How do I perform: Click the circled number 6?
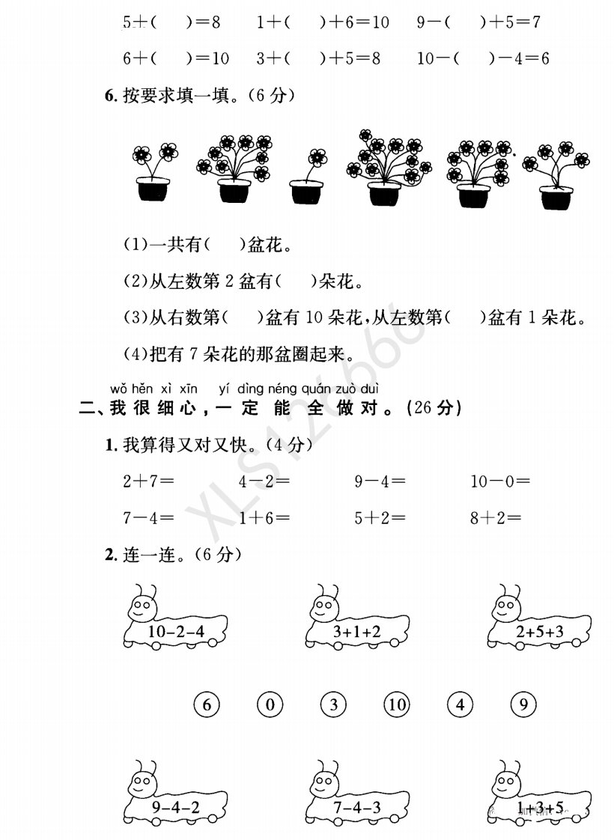click(207, 704)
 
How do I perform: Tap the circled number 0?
click(270, 704)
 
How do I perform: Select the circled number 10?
click(397, 704)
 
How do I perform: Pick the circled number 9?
click(523, 704)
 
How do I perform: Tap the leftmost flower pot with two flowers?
click(153, 172)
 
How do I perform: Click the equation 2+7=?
click(148, 481)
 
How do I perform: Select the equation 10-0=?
click(500, 481)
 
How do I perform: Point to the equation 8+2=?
click(496, 517)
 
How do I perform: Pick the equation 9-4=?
click(380, 481)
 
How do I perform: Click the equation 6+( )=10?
click(176, 58)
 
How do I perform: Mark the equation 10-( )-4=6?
click(483, 58)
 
